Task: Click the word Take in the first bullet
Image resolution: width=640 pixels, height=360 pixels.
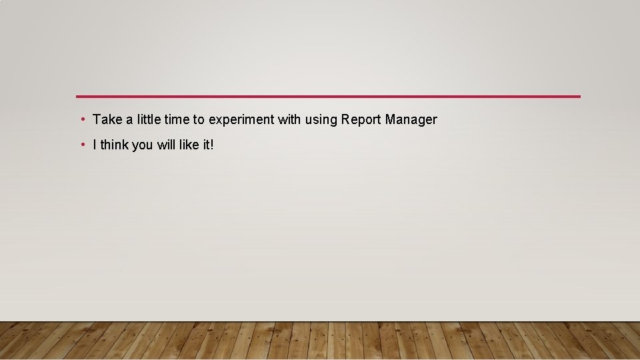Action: pyautogui.click(x=107, y=120)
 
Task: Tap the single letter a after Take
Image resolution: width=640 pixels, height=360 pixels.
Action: pyautogui.click(x=129, y=120)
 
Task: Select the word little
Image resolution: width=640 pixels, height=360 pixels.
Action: pyautogui.click(x=149, y=120)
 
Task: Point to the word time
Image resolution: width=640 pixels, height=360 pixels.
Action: pyautogui.click(x=177, y=120)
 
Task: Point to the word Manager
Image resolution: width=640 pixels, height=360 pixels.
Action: pyautogui.click(x=411, y=121)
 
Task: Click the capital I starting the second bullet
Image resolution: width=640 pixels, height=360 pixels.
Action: pyautogui.click(x=95, y=145)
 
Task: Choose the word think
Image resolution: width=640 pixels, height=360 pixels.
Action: pyautogui.click(x=114, y=145)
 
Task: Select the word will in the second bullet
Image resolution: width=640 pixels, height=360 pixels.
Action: pyautogui.click(x=167, y=145)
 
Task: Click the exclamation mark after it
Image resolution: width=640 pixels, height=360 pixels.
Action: pyautogui.click(x=212, y=145)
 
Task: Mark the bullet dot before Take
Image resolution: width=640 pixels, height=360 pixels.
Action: pyautogui.click(x=82, y=120)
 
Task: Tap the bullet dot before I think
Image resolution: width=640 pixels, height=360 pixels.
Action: pyautogui.click(x=82, y=145)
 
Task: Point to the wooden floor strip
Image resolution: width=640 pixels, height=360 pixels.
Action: pyautogui.click(x=320, y=341)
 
